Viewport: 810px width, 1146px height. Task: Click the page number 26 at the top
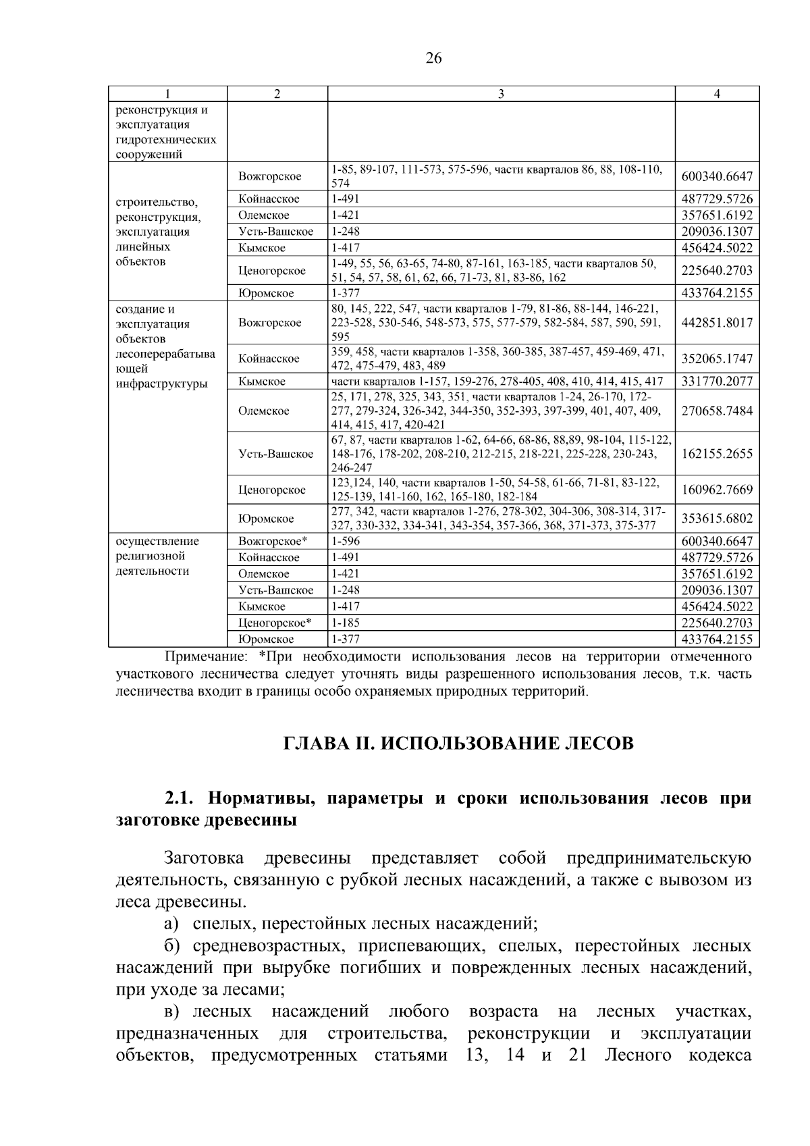point(433,59)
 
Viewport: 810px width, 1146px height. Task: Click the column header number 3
point(501,95)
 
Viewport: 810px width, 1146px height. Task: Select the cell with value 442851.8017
point(717,323)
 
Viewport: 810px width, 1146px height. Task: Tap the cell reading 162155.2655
point(717,454)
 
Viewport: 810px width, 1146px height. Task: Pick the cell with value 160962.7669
point(717,490)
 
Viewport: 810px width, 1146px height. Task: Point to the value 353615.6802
point(717,519)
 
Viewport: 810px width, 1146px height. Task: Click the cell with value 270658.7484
point(717,411)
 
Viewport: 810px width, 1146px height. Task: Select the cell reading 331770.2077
point(717,382)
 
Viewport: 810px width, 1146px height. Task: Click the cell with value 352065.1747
point(717,359)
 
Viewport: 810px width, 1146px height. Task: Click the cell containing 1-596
point(346,542)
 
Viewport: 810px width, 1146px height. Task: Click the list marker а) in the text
point(171,923)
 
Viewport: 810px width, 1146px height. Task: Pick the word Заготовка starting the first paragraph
point(204,858)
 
